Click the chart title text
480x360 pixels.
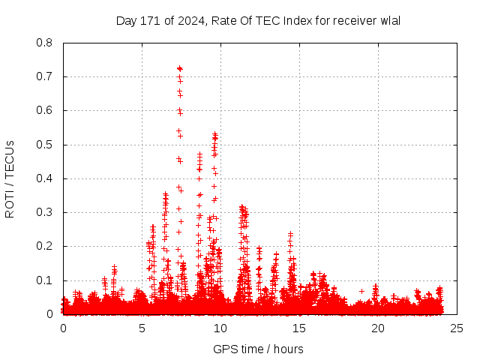[258, 20]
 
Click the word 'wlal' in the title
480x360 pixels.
[389, 20]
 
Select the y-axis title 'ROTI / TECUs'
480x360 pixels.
[10, 178]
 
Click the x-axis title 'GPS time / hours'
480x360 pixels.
[258, 349]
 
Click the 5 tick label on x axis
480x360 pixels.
[142, 328]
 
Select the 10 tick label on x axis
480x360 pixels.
[220, 328]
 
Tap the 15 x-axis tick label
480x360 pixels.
[299, 328]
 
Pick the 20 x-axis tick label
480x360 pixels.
[378, 328]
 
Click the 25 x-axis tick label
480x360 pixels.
[457, 328]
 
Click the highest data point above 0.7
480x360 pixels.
[179, 68]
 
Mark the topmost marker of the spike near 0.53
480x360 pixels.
[214, 134]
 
